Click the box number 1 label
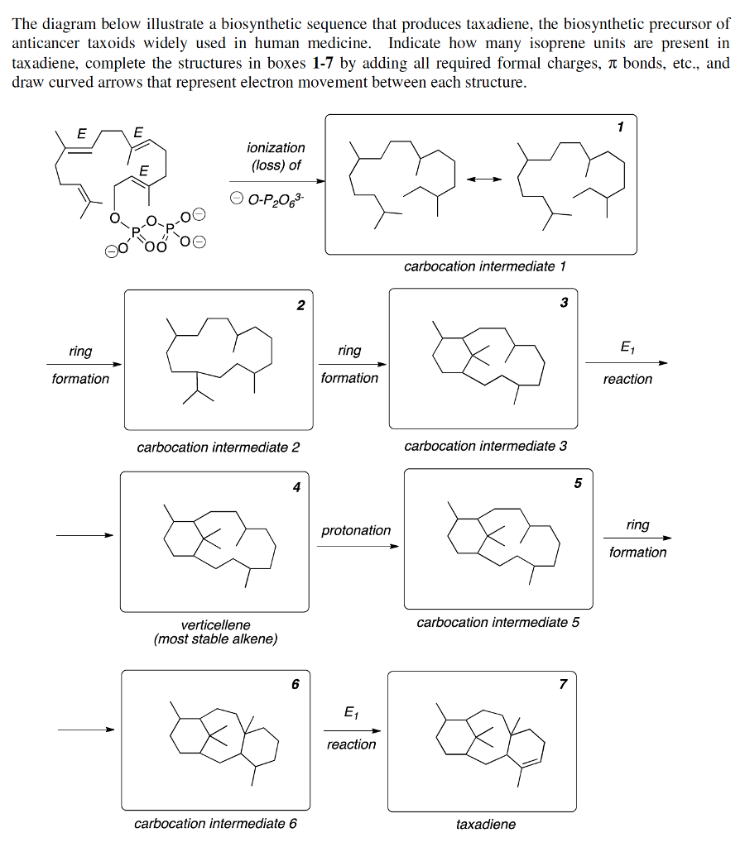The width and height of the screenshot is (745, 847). [620, 127]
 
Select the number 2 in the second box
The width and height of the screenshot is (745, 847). [300, 306]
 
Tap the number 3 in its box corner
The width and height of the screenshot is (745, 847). [564, 303]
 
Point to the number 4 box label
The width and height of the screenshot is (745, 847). [296, 487]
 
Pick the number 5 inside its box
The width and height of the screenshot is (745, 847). [578, 483]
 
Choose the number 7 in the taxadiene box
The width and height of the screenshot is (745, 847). [563, 684]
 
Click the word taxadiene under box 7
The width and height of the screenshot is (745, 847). [486, 825]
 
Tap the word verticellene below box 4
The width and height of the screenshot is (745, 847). [215, 624]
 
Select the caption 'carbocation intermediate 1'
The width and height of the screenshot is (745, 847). [484, 266]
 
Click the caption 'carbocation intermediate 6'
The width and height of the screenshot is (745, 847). [215, 824]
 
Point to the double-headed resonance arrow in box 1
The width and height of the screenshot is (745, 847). [483, 179]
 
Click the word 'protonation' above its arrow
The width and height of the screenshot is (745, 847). [356, 530]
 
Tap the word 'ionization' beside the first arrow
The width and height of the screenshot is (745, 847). [276, 147]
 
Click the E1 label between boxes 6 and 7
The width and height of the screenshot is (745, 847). [351, 713]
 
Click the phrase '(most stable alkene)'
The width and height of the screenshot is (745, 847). [215, 639]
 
